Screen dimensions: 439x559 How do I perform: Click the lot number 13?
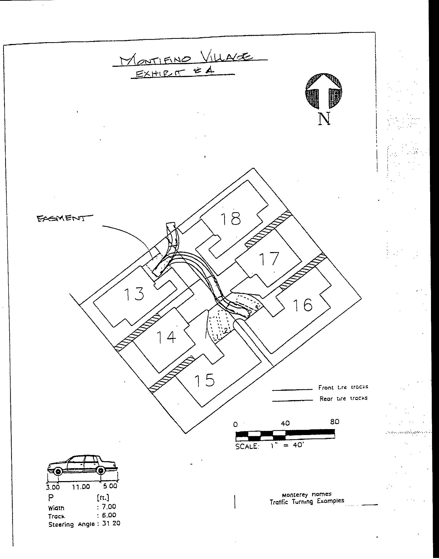coord(134,294)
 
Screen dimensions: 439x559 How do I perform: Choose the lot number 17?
coord(269,259)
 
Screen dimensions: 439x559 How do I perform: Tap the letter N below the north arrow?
coord(324,119)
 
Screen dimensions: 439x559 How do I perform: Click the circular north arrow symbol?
coord(324,91)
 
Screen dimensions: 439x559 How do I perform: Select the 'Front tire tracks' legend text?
coord(343,387)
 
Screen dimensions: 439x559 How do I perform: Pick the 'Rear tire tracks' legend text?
coord(343,399)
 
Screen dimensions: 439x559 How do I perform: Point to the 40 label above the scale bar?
coord(285,423)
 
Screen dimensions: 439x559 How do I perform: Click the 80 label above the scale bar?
coord(334,422)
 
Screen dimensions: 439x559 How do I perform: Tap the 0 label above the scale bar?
coord(235,424)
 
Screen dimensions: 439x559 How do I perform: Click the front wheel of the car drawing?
coord(58,471)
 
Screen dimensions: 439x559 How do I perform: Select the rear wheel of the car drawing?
coord(101,470)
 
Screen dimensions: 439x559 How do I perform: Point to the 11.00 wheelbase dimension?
coord(81,487)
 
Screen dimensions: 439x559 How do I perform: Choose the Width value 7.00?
coord(109,506)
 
